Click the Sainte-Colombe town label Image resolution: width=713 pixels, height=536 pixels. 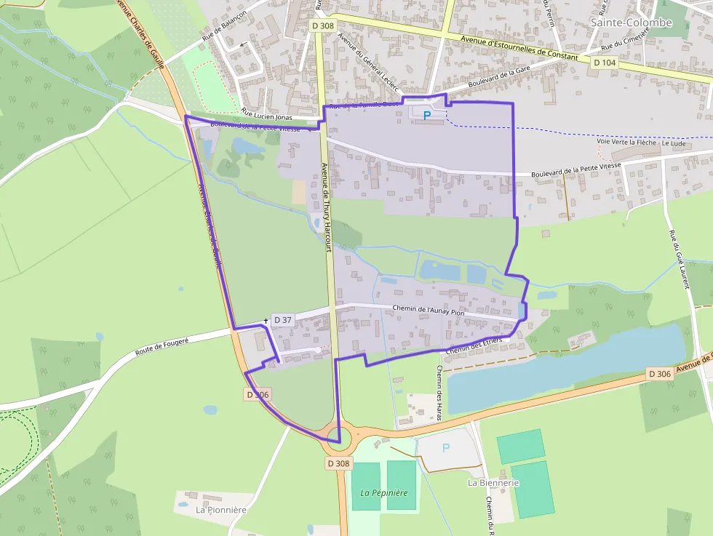631,23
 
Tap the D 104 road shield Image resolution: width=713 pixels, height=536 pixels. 605,63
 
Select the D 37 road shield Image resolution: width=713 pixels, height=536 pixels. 282,320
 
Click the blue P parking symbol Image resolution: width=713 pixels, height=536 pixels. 427,115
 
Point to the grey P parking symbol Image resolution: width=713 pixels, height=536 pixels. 446,447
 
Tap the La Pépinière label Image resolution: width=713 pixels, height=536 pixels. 384,492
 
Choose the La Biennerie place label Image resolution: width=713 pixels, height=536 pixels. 493,482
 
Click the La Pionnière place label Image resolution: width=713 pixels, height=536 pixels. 221,510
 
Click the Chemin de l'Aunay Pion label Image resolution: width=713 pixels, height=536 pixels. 428,311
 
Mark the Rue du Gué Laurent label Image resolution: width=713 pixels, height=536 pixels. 679,259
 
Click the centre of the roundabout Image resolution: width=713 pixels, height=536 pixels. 335,435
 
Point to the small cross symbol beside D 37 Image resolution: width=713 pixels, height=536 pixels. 266,320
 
